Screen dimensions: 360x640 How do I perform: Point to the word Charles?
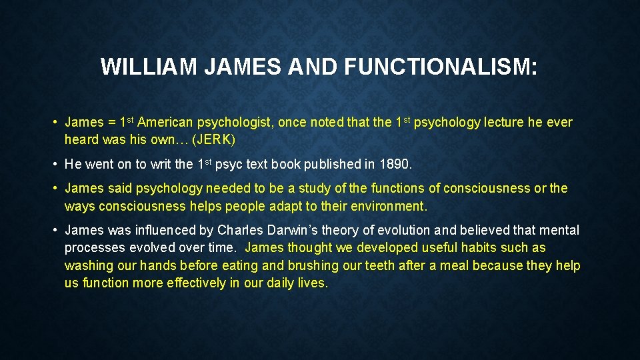(237, 231)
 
